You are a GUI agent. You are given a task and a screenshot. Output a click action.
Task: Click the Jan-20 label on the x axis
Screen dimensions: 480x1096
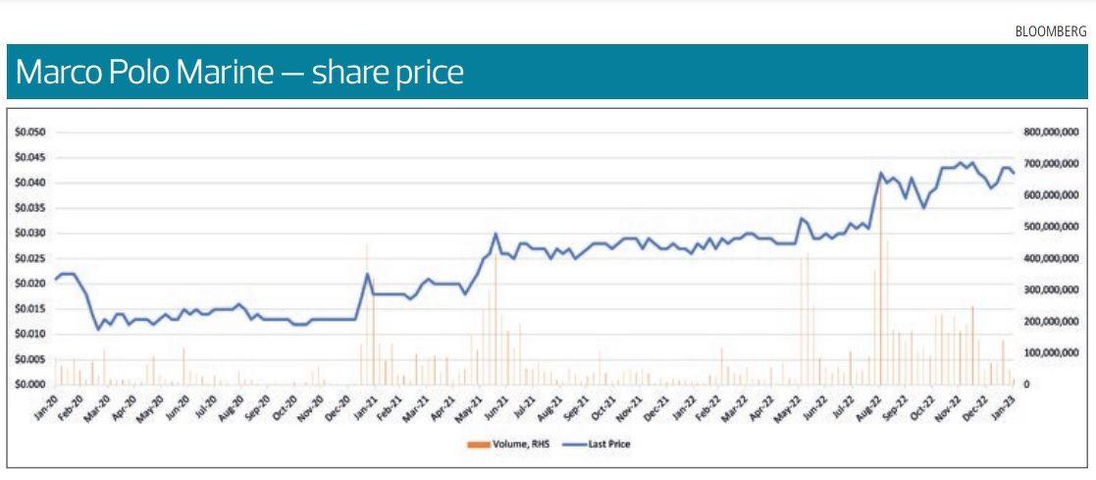[x=46, y=408]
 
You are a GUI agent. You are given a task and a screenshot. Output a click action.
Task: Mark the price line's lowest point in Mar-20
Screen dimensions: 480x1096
[x=98, y=329]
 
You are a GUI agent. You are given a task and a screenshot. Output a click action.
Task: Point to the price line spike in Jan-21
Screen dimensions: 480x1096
[x=367, y=274]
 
